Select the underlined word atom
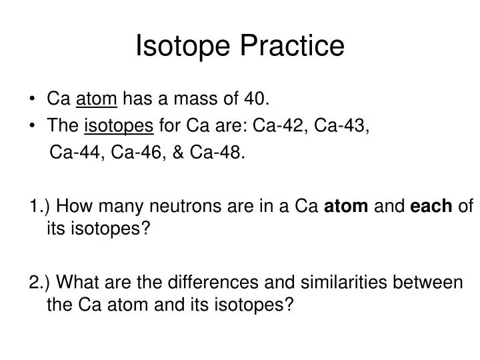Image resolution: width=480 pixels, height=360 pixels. click(97, 100)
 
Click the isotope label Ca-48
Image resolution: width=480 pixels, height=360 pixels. click(217, 153)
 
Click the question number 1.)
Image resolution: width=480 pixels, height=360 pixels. click(40, 207)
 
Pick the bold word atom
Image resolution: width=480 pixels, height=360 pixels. click(346, 207)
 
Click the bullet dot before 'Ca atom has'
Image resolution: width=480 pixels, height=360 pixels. click(33, 101)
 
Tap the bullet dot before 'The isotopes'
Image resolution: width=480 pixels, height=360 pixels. click(33, 127)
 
